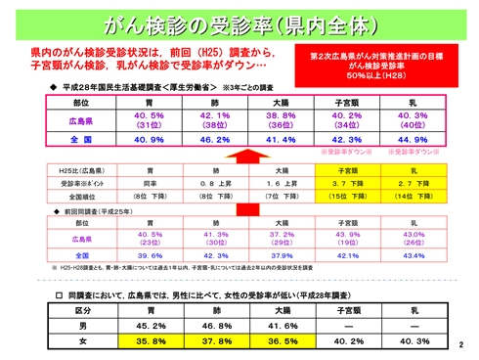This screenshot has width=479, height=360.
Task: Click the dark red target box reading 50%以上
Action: tap(380, 65)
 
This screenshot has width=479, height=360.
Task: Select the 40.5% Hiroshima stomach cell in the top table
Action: tap(150, 119)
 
